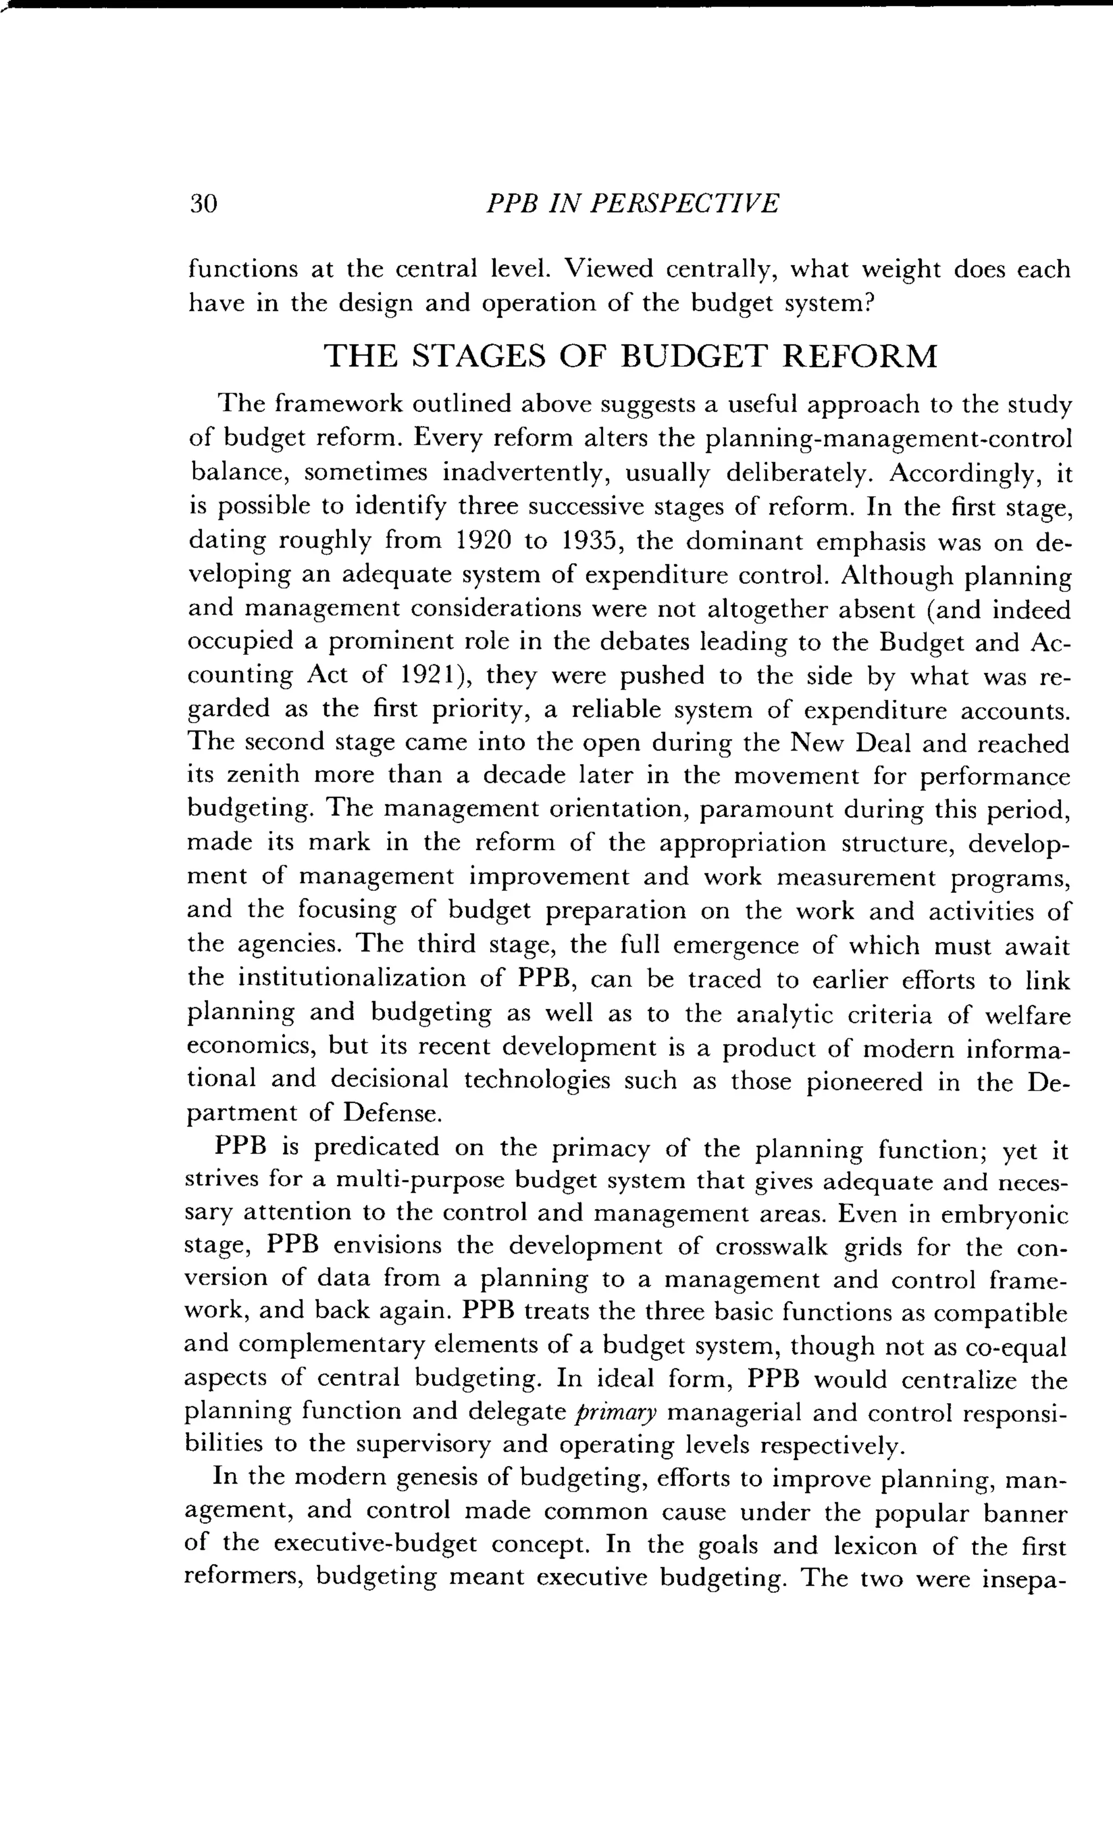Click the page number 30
pyautogui.click(x=203, y=203)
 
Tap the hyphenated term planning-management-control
pyautogui.click(x=887, y=440)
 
